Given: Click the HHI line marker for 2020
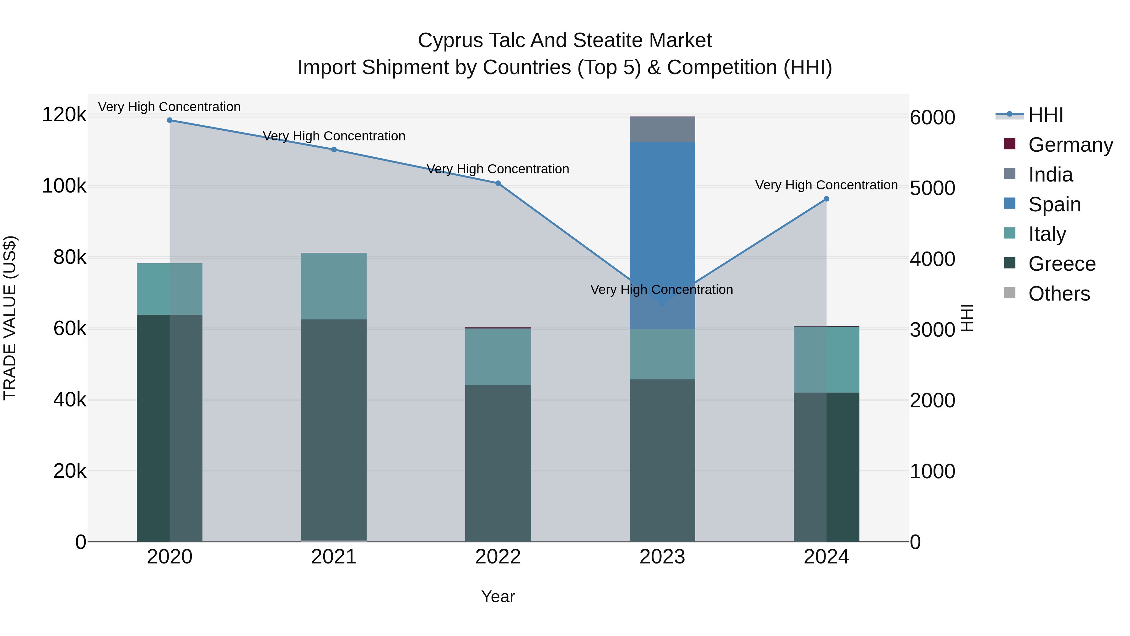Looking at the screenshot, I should tap(170, 120).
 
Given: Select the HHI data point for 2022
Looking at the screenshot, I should tap(498, 183).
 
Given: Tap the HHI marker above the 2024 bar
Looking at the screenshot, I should tap(826, 199).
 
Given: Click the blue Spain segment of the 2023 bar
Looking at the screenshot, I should tap(662, 220).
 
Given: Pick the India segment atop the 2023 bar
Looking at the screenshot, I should tap(662, 129).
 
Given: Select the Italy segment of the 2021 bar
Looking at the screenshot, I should tap(334, 286).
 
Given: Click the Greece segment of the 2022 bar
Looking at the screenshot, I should tap(498, 463).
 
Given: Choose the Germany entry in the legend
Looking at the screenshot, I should tap(1070, 145).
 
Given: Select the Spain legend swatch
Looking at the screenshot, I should tap(1009, 204).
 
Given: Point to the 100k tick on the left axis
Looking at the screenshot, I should tap(64, 186).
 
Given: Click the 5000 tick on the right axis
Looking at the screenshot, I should tap(932, 188).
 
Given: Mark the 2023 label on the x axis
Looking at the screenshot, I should tap(662, 557).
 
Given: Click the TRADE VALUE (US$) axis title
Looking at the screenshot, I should tap(10, 318).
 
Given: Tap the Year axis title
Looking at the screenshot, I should tap(498, 596).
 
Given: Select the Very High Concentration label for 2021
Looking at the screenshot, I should tap(334, 136).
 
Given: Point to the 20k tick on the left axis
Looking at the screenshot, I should tap(70, 471).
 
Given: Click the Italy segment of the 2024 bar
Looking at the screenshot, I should tap(826, 360).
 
